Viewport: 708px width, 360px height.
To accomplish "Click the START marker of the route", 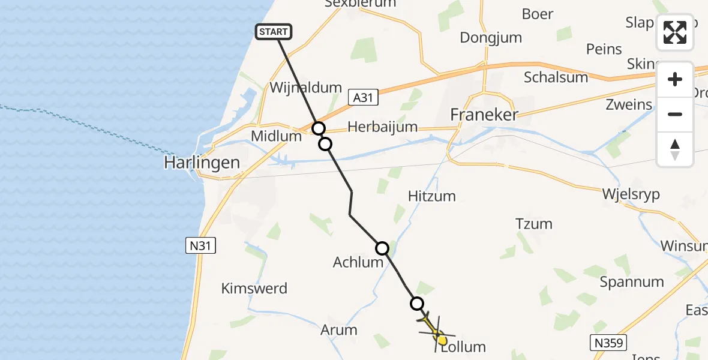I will (274, 32).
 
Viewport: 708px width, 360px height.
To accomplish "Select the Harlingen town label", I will (202, 163).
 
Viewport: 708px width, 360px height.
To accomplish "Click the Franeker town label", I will (484, 115).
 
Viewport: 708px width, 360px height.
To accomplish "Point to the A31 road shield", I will (363, 97).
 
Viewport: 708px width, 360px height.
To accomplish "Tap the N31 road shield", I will (200, 245).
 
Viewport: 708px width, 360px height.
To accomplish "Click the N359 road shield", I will (608, 343).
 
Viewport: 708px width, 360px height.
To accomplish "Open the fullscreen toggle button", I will (675, 32).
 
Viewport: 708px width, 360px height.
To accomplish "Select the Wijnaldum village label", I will (305, 87).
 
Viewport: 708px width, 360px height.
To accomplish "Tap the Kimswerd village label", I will (254, 288).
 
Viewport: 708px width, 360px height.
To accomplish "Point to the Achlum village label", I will (358, 262).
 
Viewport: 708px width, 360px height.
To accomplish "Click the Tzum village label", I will (533, 224).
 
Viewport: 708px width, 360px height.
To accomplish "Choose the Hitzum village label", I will (431, 196).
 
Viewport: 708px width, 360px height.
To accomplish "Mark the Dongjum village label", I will (491, 37).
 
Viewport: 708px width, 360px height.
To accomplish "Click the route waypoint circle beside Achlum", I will (382, 248).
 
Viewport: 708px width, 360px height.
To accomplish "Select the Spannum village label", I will (632, 281).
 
